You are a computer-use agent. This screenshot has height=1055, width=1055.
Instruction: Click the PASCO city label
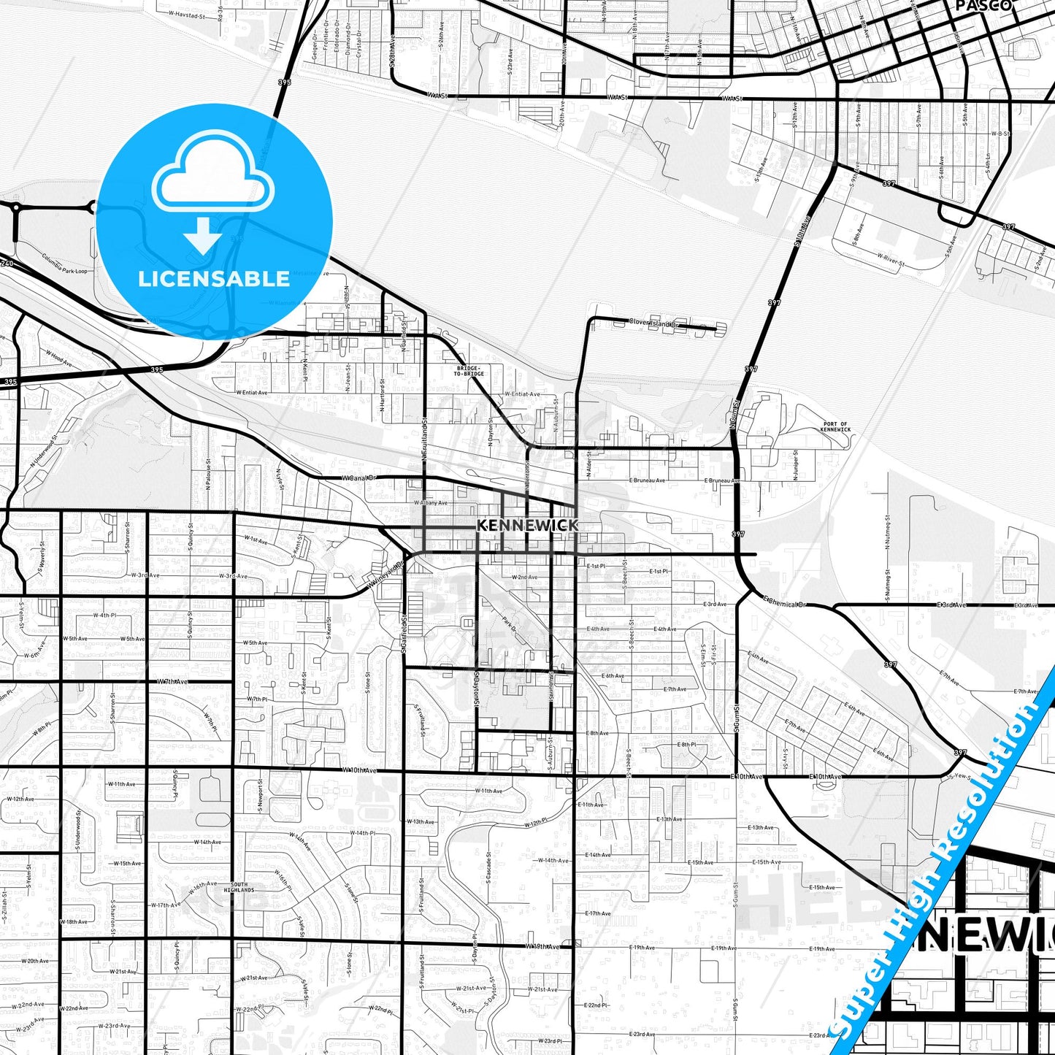[983, 5]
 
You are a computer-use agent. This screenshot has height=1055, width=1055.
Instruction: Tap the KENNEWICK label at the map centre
[527, 525]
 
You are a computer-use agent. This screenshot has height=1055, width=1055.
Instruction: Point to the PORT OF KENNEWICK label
[835, 426]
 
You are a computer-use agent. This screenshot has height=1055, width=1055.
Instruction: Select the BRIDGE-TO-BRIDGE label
[469, 371]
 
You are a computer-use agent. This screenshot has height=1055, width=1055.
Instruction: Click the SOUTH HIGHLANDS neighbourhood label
[239, 887]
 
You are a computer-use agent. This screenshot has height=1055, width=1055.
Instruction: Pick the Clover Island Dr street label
[653, 322]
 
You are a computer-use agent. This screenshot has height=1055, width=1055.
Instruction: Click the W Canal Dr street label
[358, 478]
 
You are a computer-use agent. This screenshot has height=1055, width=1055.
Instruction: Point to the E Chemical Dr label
[785, 602]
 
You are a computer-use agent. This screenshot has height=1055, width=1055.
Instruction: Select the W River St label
[891, 259]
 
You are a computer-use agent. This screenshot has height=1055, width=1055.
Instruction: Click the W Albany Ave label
[431, 503]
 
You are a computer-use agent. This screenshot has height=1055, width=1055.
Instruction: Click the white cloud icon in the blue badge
[213, 174]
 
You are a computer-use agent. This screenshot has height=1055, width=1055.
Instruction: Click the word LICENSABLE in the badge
[214, 279]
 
